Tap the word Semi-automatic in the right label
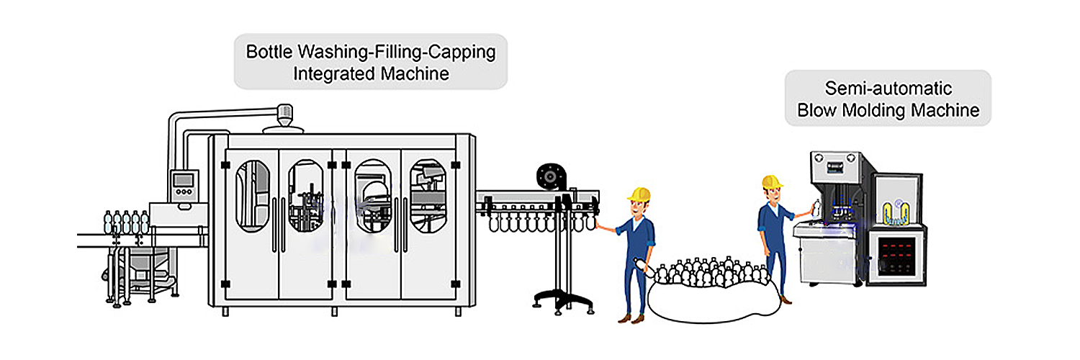(888, 89)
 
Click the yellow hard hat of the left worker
(639, 194)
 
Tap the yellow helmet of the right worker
(773, 181)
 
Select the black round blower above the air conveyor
(550, 176)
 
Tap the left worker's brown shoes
(629, 317)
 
